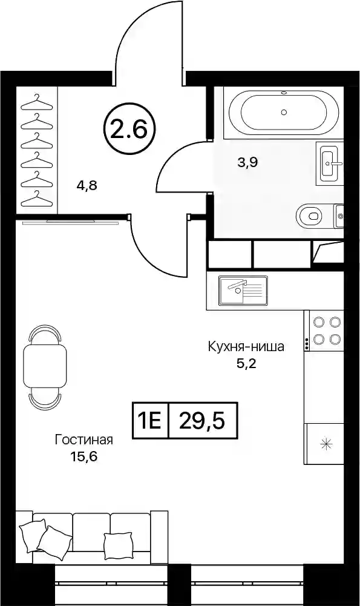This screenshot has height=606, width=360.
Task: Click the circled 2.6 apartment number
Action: tap(129, 129)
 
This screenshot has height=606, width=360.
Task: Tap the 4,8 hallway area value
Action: tap(87, 186)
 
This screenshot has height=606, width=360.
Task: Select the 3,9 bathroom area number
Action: tap(247, 162)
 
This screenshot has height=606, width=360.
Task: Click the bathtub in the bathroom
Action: tap(284, 112)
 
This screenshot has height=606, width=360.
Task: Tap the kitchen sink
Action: tap(243, 290)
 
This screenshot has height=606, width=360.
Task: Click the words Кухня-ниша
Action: tap(246, 346)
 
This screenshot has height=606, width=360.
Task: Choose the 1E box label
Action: tap(151, 421)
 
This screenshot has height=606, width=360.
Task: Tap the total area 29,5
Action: tap(202, 421)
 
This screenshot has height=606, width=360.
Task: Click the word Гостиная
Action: tap(84, 440)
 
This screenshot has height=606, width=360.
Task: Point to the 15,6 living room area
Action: tap(83, 456)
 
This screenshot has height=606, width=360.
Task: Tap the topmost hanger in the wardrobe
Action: tap(36, 103)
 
